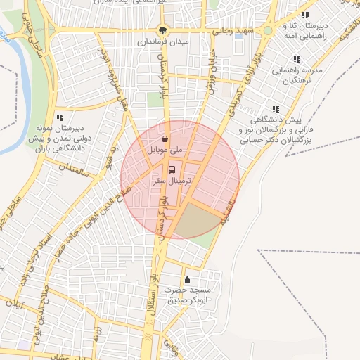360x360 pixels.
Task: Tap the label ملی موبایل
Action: [x=164, y=150]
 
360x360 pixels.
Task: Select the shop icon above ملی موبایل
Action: [x=165, y=139]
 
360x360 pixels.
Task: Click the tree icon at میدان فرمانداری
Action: [x=163, y=30]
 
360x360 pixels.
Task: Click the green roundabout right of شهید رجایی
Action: [x=267, y=31]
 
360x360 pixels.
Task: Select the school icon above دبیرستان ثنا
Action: [x=305, y=15]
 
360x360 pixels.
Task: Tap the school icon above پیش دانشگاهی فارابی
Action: [x=276, y=109]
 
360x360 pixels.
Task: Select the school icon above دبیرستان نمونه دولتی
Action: [x=60, y=117]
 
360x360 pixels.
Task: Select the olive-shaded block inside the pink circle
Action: [x=193, y=221]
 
